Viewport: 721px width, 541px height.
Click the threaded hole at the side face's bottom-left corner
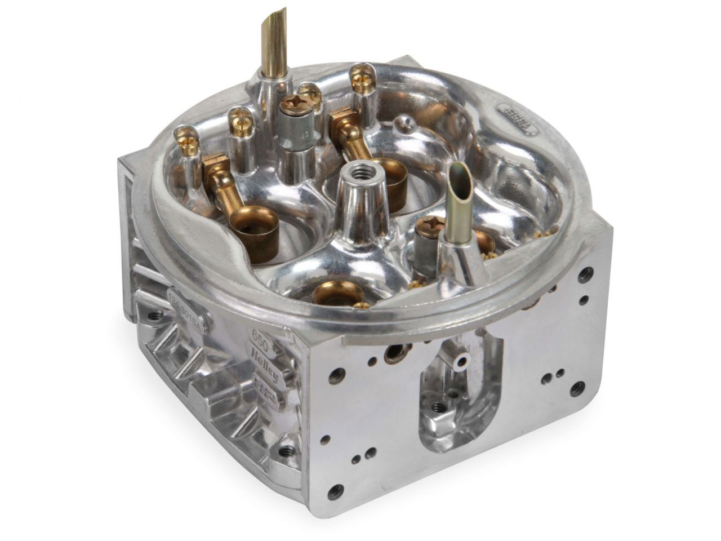click(337, 489)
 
